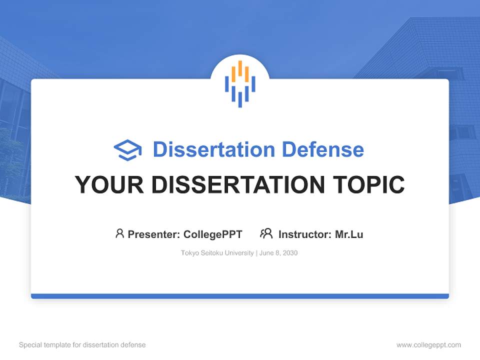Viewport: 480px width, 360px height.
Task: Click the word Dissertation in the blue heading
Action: tap(214, 149)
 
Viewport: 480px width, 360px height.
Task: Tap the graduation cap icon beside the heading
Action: tap(127, 150)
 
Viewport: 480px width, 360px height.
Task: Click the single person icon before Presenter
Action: tap(119, 233)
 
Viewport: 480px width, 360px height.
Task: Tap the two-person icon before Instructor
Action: tap(266, 233)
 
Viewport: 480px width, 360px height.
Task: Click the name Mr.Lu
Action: tap(349, 234)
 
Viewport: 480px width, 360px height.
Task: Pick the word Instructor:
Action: tap(304, 234)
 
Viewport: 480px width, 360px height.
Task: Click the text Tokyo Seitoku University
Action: tap(217, 253)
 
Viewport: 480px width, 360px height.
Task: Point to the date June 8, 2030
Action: tap(278, 253)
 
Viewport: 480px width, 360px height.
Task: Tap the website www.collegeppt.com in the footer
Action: tap(428, 345)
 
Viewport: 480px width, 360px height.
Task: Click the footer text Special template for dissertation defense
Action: tap(82, 345)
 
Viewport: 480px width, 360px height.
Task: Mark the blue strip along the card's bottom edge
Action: tap(240, 296)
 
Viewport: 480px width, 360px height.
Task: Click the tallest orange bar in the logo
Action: tap(240, 69)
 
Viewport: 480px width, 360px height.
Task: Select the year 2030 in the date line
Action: tap(289, 253)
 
